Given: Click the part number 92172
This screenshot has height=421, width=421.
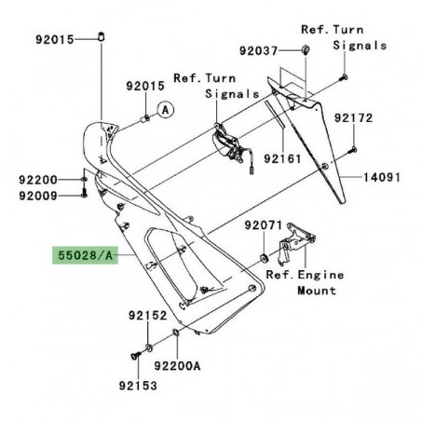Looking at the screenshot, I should click(379, 120).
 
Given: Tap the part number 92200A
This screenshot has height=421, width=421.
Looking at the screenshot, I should click(179, 367).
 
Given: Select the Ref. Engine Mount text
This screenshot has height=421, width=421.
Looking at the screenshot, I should click(305, 282).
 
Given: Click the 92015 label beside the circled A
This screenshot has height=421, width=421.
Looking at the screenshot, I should click(144, 87).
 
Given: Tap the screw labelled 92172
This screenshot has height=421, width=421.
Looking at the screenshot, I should click(354, 150).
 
